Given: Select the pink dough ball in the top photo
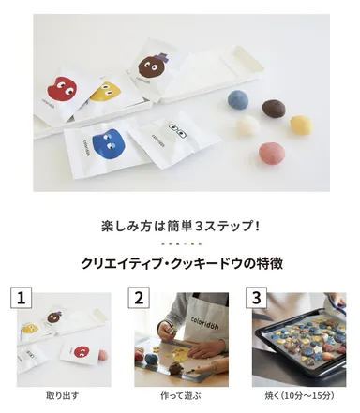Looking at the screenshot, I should tap(271, 152).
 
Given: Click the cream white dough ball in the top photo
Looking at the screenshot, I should tap(247, 125).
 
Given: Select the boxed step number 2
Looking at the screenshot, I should tap(139, 299).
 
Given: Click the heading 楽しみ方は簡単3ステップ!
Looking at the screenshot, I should tap(180, 226).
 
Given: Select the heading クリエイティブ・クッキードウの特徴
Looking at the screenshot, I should tap(180, 263).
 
